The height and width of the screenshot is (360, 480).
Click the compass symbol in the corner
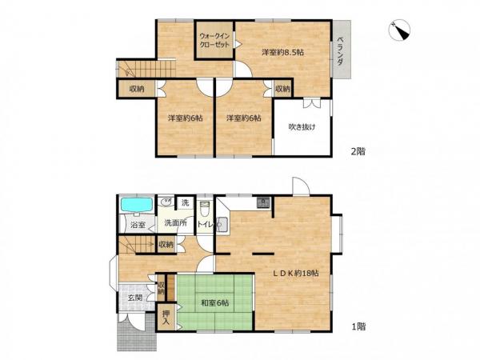[x=399, y=30]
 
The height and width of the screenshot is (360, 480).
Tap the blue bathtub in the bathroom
[x=137, y=205]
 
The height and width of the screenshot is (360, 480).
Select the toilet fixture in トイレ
[x=204, y=208]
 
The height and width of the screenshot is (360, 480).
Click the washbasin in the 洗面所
[x=166, y=202]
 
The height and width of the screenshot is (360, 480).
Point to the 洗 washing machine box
[x=186, y=202]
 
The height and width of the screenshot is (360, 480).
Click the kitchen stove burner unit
[x=263, y=202]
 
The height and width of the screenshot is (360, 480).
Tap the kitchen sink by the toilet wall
[x=222, y=226]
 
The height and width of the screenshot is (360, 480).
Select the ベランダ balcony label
[x=340, y=51]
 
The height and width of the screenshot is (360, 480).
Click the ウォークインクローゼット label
[x=214, y=40]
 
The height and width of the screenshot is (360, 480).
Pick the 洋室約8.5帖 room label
[x=282, y=52]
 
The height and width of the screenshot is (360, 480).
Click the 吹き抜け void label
[x=302, y=126]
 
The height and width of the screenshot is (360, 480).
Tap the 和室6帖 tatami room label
[x=214, y=303]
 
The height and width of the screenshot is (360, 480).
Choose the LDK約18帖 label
[x=296, y=273]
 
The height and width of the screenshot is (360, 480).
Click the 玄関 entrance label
[x=135, y=298]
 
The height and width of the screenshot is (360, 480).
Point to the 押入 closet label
[x=166, y=318]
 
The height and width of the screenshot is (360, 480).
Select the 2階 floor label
[x=358, y=151]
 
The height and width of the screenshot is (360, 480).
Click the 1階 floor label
[x=358, y=326]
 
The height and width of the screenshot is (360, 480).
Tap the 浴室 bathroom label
[x=138, y=226]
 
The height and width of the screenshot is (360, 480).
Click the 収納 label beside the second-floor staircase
[x=137, y=90]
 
